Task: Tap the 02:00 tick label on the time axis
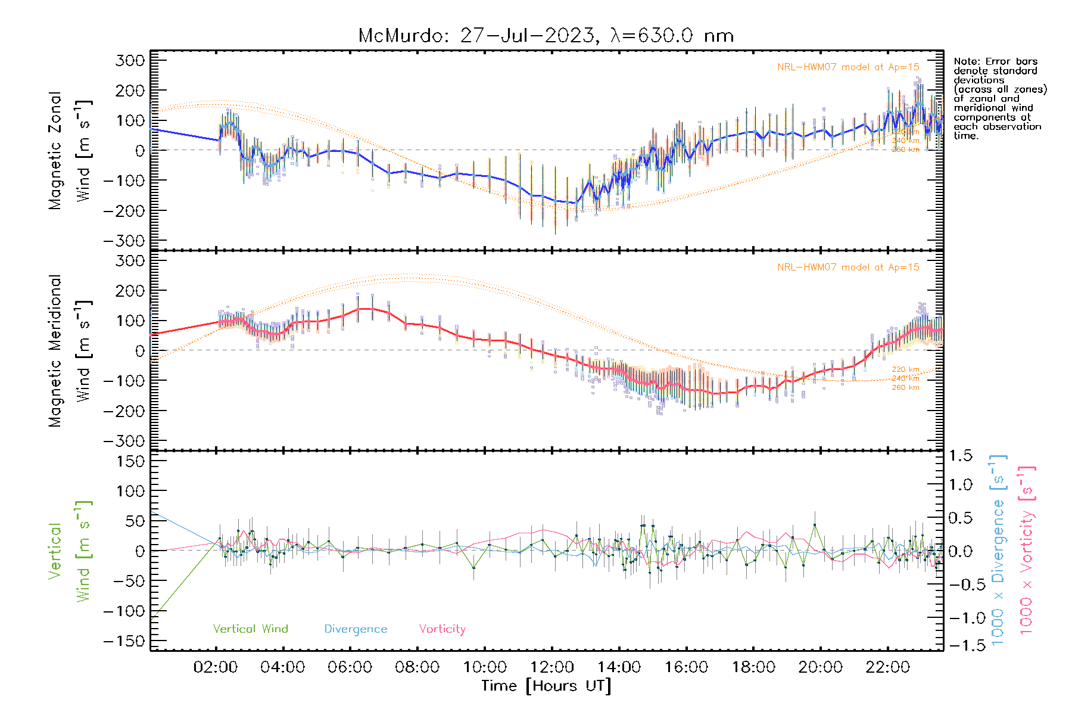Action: [x=216, y=667]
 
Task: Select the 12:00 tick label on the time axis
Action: [x=552, y=667]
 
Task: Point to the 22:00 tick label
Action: [x=887, y=667]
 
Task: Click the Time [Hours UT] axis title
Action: [x=546, y=686]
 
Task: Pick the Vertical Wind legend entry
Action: [x=250, y=629]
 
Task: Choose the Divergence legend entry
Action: [x=356, y=629]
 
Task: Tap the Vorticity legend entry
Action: [x=442, y=629]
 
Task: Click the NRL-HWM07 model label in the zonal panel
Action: [x=848, y=67]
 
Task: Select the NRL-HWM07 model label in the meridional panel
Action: [x=848, y=268]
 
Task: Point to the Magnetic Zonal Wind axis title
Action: [x=70, y=150]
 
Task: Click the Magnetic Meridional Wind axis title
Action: [x=70, y=350]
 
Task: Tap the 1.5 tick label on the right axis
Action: [x=960, y=456]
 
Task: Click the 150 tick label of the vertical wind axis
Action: [x=130, y=461]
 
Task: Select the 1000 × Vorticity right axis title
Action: [x=1027, y=550]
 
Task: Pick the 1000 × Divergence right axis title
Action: [x=998, y=550]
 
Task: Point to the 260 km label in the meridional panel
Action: [x=905, y=387]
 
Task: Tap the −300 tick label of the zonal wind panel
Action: [x=124, y=241]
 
